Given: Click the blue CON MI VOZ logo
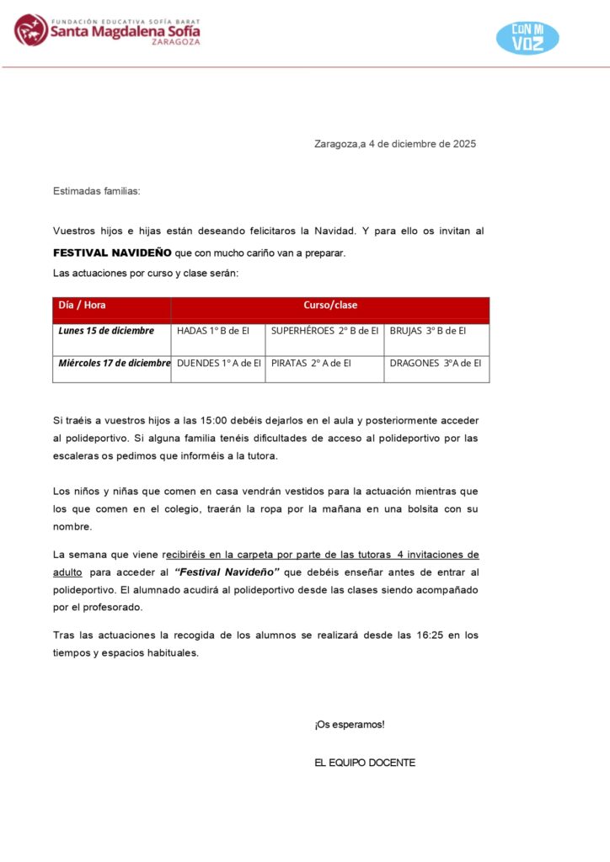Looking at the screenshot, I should pyautogui.click(x=527, y=38).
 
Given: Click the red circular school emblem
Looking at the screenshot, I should pyautogui.click(x=31, y=30).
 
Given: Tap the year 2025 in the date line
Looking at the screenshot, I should pyautogui.click(x=464, y=144).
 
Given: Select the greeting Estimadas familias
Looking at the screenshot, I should pyautogui.click(x=97, y=191).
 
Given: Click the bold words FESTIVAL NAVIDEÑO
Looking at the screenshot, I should pyautogui.click(x=112, y=253).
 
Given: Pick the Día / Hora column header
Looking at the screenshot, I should pyautogui.click(x=82, y=306).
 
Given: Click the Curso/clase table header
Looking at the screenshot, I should pyautogui.click(x=330, y=306).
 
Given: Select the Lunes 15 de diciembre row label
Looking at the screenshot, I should pyautogui.click(x=106, y=331).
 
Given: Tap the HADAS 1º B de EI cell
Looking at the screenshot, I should pyautogui.click(x=213, y=331).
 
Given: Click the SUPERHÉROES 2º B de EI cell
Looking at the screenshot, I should pyautogui.click(x=324, y=331).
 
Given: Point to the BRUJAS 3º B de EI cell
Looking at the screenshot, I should pyautogui.click(x=428, y=331).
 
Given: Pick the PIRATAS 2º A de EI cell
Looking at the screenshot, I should pyautogui.click(x=311, y=364).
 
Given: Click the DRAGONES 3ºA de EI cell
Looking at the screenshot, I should pyautogui.click(x=436, y=364).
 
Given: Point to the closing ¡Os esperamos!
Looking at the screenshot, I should pyautogui.click(x=350, y=725).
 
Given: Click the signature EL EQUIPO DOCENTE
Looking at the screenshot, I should pyautogui.click(x=365, y=763).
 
